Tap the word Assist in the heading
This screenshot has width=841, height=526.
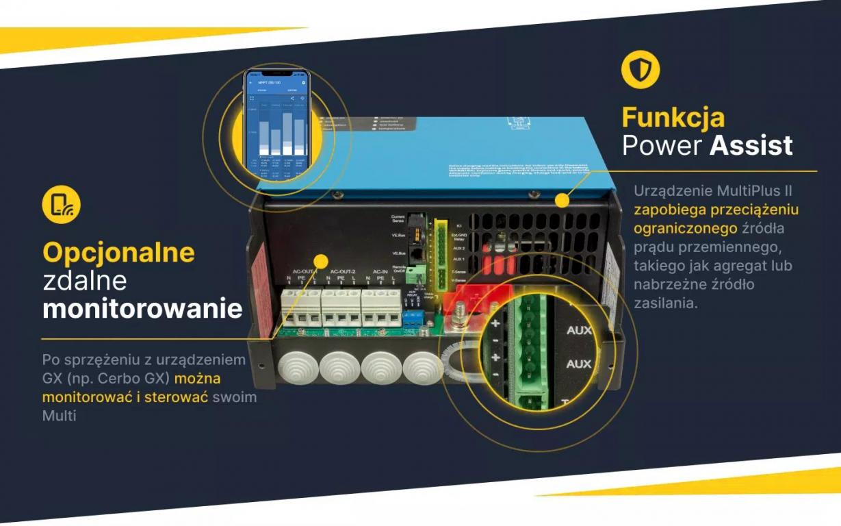pyautogui.click(x=751, y=145)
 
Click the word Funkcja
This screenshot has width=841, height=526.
pyautogui.click(x=672, y=117)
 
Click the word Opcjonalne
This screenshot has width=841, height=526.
pyautogui.click(x=118, y=253)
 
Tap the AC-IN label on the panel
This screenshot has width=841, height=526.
pyautogui.click(x=380, y=271)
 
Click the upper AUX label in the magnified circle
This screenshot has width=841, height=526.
pyautogui.click(x=579, y=330)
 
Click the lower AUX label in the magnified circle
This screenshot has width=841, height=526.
pyautogui.click(x=579, y=364)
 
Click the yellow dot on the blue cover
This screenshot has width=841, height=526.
pyautogui.click(x=562, y=201)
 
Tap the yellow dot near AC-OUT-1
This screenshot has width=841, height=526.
pyautogui.click(x=320, y=260)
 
